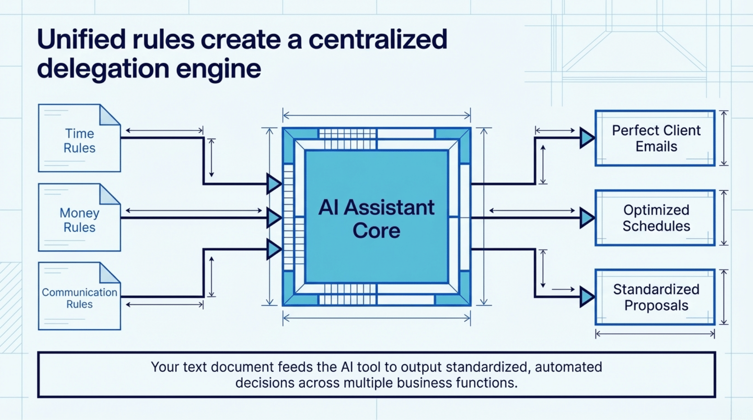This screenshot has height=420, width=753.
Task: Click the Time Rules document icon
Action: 79,139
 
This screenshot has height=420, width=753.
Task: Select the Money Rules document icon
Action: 79,218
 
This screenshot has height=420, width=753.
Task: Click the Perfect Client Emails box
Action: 655,138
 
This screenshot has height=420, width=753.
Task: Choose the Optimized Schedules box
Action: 655,218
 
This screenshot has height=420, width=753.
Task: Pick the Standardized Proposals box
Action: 655,297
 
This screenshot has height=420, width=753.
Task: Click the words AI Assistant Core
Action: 376,219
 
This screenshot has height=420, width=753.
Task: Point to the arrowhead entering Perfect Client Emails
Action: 587,138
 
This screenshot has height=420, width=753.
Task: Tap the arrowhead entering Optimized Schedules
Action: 587,218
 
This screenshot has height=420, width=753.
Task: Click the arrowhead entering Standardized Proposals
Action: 587,297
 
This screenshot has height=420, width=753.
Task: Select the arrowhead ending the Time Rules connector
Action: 273,184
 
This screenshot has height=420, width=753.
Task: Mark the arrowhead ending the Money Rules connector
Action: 273,218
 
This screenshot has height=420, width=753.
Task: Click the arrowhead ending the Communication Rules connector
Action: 273,249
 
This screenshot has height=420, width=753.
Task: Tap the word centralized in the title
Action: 378,40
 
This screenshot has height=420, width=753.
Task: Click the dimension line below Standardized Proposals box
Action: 655,334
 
